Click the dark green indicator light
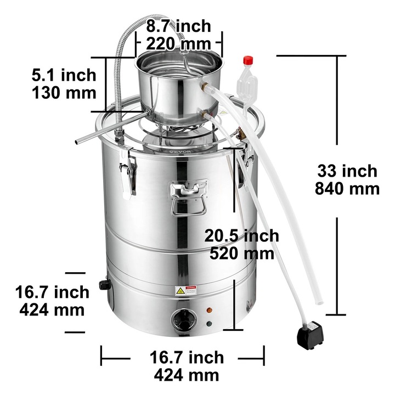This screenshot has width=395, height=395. pos(209,323)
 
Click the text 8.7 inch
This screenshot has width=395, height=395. pos(179,26)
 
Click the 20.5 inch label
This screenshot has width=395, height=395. pos(241,236)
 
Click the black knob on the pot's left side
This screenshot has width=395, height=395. pos(104,284)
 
